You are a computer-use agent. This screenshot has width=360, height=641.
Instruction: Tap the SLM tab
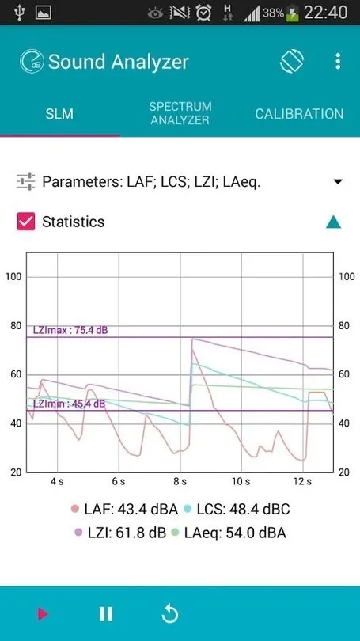tap(59, 114)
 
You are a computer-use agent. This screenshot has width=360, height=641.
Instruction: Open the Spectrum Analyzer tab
tap(180, 113)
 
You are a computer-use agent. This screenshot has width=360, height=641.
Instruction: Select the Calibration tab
tap(299, 114)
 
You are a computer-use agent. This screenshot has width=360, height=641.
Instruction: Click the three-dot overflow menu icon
tap(338, 62)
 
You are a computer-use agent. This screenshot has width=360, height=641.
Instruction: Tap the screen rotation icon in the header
tap(292, 62)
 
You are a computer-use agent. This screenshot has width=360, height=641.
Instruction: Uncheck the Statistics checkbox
tap(26, 222)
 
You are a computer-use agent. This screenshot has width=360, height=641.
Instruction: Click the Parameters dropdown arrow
tap(338, 182)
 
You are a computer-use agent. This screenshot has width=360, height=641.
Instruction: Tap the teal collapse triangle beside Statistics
tap(334, 222)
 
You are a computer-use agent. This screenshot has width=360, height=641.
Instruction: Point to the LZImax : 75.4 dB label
tap(70, 330)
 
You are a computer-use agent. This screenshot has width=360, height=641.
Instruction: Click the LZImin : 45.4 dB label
tap(68, 404)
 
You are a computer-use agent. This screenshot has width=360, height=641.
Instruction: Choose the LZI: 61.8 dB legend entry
tap(120, 533)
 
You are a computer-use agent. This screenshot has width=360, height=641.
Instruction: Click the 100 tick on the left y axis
tap(13, 276)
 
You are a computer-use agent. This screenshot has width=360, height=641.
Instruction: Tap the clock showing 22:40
tap(325, 13)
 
